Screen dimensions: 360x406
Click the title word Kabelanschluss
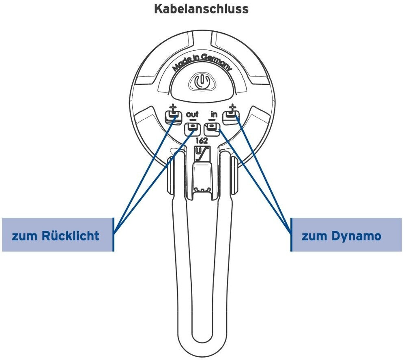(x=201, y=9)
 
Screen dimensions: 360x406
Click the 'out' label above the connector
(x=192, y=115)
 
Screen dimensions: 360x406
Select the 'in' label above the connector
(x=214, y=115)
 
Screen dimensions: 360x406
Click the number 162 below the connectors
(x=202, y=141)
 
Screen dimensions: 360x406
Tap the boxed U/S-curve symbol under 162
(x=202, y=154)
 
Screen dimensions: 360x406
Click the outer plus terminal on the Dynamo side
(x=232, y=117)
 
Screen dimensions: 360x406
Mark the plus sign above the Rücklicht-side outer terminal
(x=173, y=108)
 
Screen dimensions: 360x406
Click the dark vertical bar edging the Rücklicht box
(x=113, y=234)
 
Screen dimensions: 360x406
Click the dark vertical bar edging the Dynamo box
(x=291, y=234)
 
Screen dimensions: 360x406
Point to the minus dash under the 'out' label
(x=192, y=121)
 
